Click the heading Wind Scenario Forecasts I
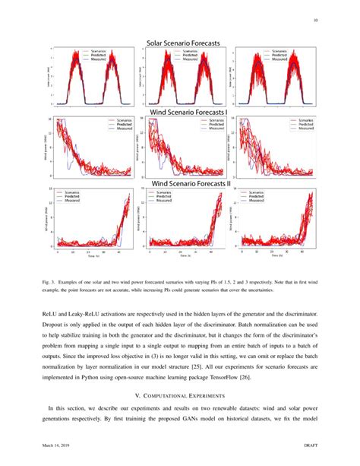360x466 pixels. tap(185, 112)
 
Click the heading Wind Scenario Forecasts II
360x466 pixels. tap(185, 182)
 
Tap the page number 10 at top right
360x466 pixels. tap(314, 21)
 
